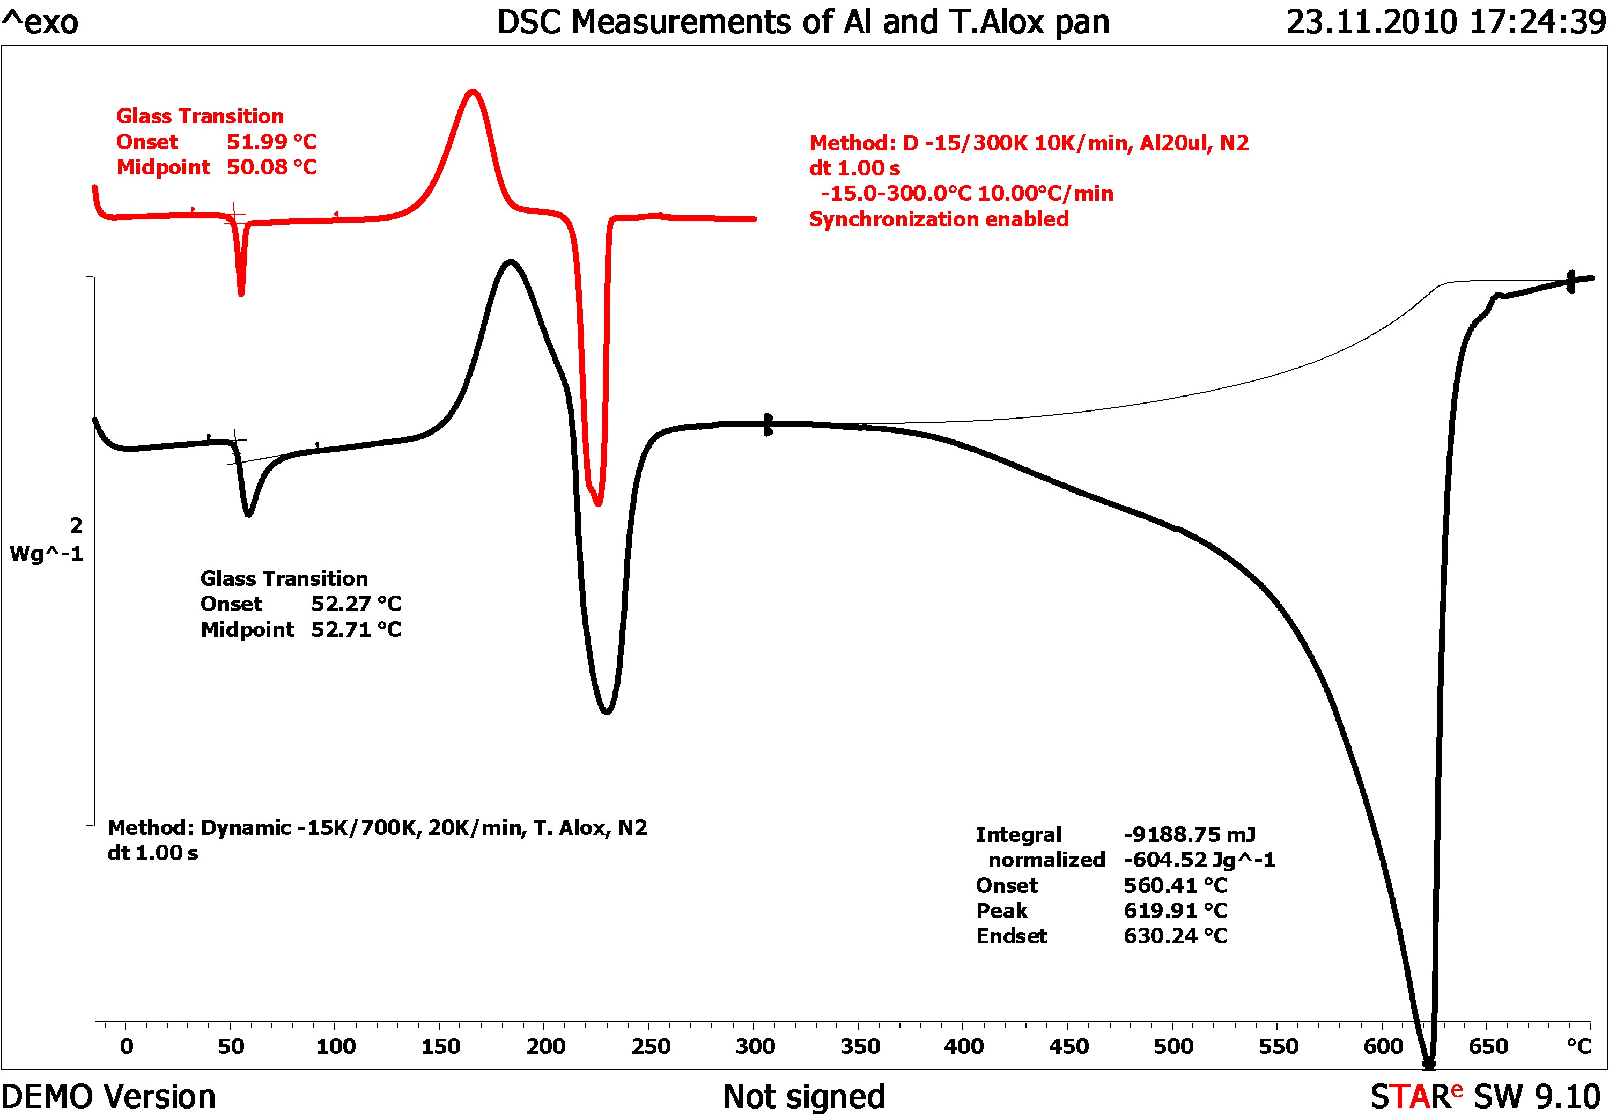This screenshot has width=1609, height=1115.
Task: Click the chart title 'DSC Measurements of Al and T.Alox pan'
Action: coord(803,23)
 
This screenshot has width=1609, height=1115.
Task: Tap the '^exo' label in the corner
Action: coord(41,23)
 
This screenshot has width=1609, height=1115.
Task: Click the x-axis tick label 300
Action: coord(755,1046)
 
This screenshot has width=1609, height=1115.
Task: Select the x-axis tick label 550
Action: coord(1279,1046)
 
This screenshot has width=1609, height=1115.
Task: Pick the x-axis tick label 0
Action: coord(127,1046)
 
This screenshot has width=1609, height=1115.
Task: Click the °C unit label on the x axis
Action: coord(1579,1046)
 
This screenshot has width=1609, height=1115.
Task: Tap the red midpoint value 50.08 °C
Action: coord(272,167)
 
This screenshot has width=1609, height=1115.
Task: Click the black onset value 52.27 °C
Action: coord(356,604)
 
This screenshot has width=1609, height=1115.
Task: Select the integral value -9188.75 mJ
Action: coord(1189,835)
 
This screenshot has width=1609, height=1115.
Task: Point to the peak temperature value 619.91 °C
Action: coord(1175,911)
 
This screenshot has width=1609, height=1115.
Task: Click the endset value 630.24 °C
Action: coord(1175,936)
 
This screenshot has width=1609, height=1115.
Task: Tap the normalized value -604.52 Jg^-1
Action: coord(1199,860)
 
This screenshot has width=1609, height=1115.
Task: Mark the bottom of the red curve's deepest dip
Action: coord(598,503)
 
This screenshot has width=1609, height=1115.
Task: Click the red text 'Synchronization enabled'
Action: coord(939,219)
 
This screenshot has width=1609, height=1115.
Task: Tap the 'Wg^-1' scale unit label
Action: coord(46,554)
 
